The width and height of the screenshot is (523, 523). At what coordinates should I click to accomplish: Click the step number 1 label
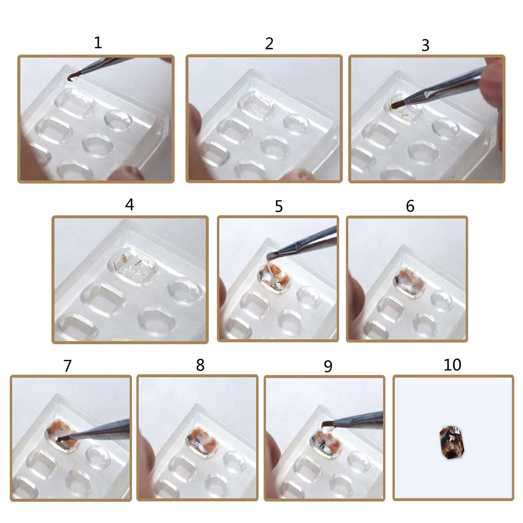98,42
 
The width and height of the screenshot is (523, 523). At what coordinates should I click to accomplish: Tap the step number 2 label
269,43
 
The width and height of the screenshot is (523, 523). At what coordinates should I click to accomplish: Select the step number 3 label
425,45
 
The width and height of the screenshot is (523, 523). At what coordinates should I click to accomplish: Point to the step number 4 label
129,204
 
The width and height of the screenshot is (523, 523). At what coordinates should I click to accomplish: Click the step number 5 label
278,206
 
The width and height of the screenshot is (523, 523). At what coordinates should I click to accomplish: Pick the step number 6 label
410,206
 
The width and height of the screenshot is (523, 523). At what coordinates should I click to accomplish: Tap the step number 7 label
67,366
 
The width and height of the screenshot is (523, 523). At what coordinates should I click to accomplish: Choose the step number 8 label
200,365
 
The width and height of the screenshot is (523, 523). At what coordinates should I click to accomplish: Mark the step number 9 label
328,366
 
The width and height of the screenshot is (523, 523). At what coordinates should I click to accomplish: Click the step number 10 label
452,364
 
